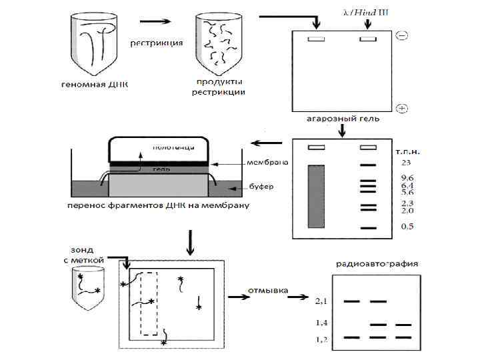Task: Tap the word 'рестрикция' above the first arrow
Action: click(x=157, y=44)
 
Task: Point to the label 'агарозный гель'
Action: click(x=343, y=119)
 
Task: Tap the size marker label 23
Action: click(x=406, y=162)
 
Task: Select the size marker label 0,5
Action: click(x=407, y=227)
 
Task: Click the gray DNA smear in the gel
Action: click(x=315, y=198)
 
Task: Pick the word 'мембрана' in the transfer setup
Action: click(x=267, y=163)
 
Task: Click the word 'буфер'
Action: click(x=262, y=187)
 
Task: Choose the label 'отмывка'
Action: click(x=267, y=291)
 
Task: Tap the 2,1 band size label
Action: click(x=321, y=301)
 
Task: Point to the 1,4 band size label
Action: click(x=321, y=323)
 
